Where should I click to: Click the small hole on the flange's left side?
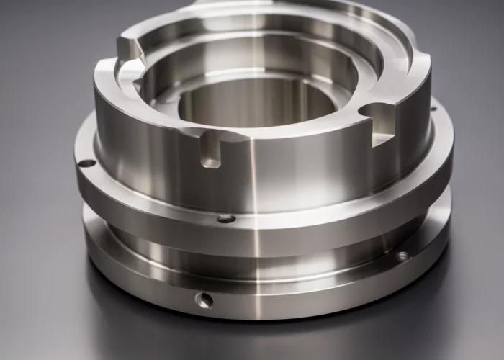[86, 163]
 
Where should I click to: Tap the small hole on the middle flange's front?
[226, 218]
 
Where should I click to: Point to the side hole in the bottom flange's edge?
[204, 300]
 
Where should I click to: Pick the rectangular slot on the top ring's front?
[210, 151]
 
